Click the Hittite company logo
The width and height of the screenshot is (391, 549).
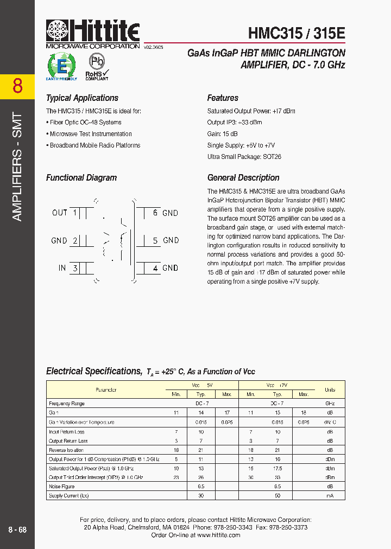point(93,34)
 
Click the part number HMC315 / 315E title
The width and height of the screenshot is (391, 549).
point(297,33)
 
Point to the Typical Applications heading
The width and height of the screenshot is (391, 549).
point(82,98)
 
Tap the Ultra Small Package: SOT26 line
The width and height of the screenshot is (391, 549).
point(244,157)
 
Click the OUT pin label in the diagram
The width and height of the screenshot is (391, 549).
point(60,213)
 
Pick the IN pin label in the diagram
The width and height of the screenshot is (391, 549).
point(62,268)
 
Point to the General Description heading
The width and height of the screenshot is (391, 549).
point(243,178)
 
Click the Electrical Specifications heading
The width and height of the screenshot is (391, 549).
point(93,372)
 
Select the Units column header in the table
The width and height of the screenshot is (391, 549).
point(330,390)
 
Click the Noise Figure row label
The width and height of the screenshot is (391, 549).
point(61,487)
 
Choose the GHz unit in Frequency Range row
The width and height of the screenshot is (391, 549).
point(330,404)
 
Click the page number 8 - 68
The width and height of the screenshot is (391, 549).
point(17,529)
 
